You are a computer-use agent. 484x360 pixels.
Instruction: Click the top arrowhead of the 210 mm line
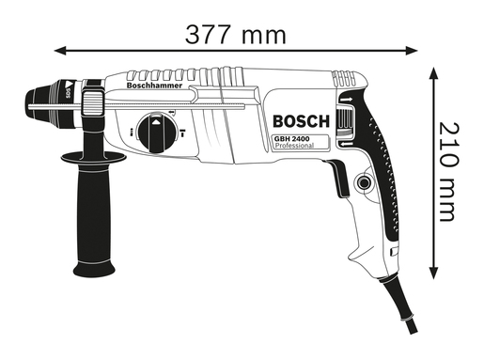[435, 70]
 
